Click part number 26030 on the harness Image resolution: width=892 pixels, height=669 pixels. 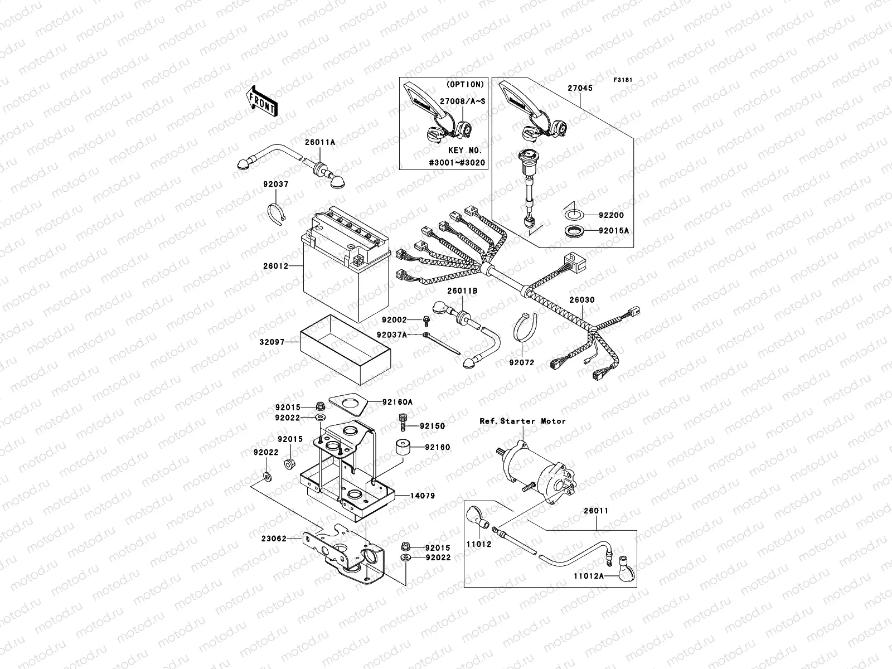581,300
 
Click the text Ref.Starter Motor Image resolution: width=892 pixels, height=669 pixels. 522,421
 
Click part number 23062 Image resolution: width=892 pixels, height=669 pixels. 274,539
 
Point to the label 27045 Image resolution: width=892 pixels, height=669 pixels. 580,88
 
